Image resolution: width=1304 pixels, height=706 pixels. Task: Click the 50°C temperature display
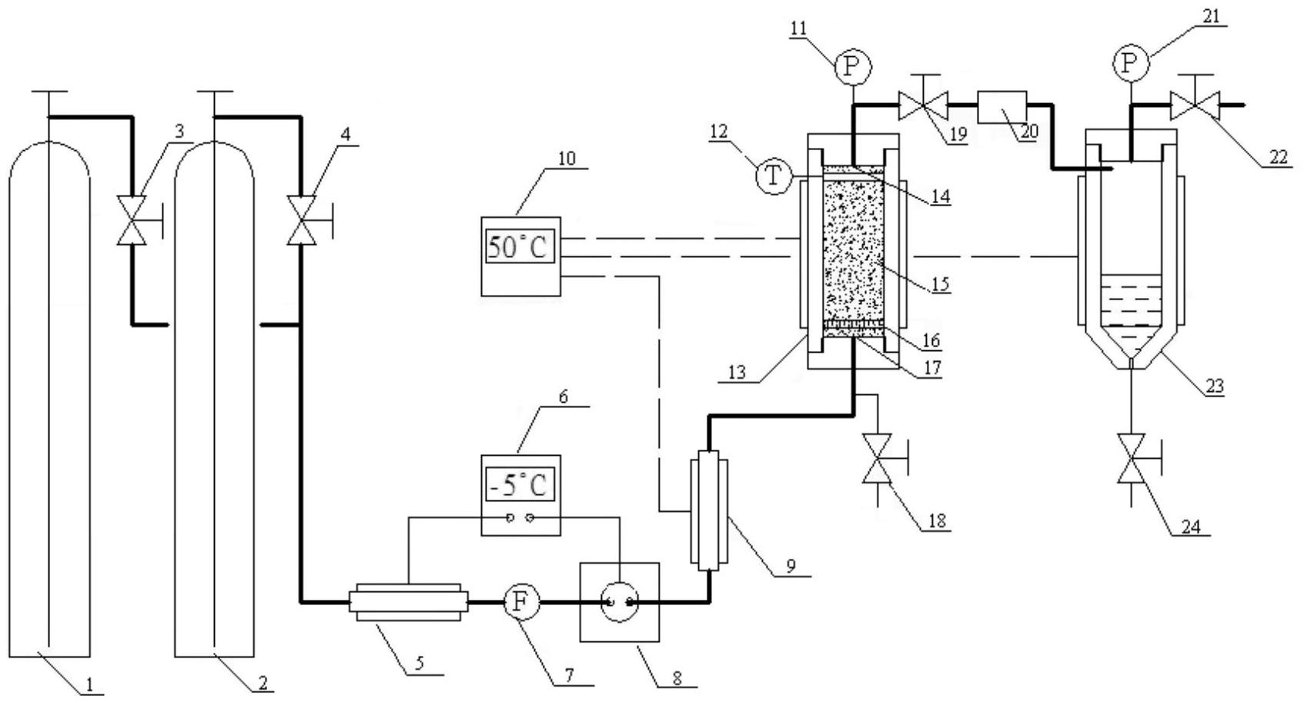coord(520,246)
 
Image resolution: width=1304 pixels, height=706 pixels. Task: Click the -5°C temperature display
coord(520,484)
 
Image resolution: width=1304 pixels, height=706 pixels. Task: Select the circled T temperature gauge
coord(774,176)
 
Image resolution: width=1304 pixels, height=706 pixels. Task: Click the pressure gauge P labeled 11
coord(854,68)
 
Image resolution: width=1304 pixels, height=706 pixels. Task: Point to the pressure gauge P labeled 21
coord(1130,63)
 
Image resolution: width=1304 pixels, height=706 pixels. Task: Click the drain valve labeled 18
coord(882,460)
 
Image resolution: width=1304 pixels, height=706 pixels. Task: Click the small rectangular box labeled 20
coord(1001,107)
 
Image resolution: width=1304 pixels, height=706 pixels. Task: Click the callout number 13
coord(737,373)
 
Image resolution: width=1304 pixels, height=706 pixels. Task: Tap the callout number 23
coord(1215,385)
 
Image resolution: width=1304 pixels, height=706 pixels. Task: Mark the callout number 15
coord(940,284)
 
